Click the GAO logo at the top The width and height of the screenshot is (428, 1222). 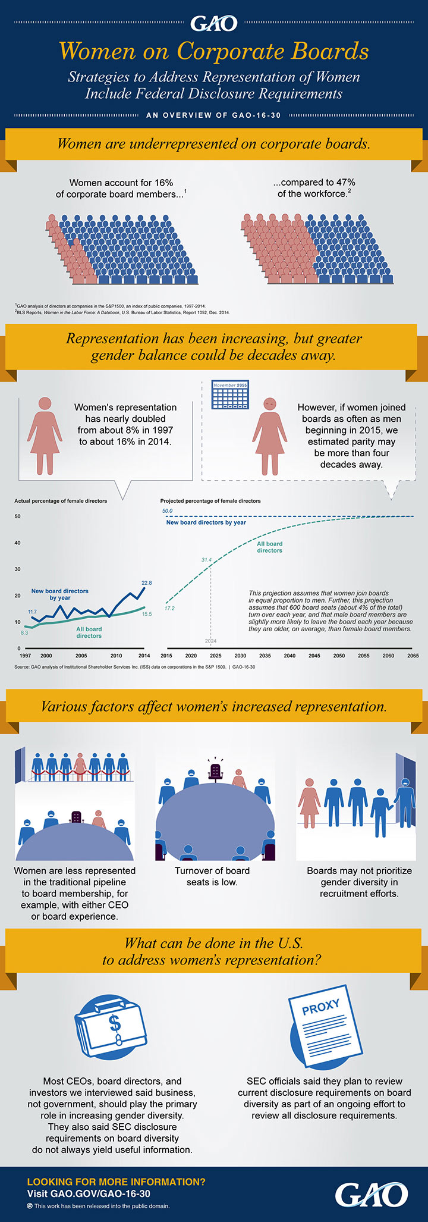[x=213, y=23]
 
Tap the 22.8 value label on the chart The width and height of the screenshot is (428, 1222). [x=146, y=582]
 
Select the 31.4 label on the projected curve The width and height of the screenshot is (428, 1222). [x=206, y=560]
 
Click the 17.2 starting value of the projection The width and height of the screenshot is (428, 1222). [x=169, y=608]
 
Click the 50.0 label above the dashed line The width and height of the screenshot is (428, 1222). [x=167, y=510]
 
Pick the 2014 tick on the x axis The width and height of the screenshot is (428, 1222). [x=144, y=655]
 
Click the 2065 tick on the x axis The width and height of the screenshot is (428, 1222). [x=413, y=655]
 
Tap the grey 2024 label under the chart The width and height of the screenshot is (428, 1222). [x=211, y=641]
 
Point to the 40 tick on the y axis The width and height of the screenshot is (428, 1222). [x=18, y=543]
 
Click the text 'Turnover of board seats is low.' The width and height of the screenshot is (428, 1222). [x=212, y=876]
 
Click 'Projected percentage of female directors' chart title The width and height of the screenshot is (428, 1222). [x=210, y=501]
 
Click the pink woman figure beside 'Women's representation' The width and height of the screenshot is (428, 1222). [x=45, y=435]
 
